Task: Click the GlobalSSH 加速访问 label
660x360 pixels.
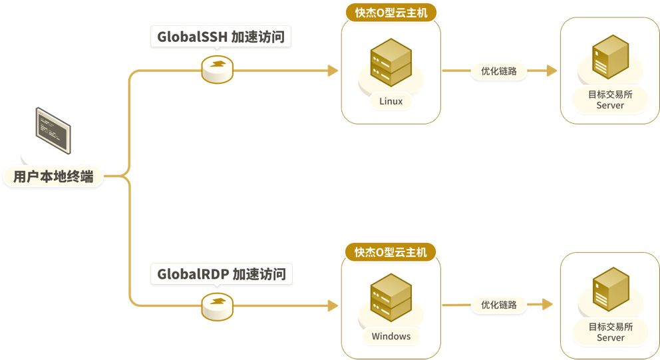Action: (221, 37)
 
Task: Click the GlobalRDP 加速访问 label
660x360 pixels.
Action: (221, 273)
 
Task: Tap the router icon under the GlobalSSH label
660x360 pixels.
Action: (218, 69)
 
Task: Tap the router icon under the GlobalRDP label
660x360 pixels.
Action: (218, 305)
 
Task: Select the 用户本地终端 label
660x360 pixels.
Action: (53, 177)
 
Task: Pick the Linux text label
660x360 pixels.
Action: (391, 102)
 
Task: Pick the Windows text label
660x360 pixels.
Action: (391, 336)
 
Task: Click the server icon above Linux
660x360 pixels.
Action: (391, 63)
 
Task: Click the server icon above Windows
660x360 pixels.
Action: (391, 297)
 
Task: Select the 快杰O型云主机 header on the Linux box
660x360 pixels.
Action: (391, 13)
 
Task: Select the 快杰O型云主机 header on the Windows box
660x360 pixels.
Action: (391, 252)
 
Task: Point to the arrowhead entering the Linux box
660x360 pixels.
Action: (334, 71)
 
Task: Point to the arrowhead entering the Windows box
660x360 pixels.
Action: (334, 305)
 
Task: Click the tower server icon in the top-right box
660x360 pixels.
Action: (610, 57)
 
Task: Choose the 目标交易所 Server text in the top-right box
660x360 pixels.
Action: (610, 100)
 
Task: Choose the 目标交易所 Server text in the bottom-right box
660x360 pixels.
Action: (610, 332)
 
